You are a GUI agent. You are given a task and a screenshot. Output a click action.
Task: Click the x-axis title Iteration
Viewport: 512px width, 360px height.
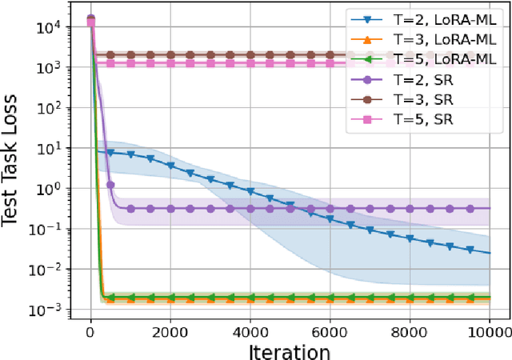[289, 350]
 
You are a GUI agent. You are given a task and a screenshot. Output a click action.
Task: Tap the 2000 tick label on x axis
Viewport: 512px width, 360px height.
[170, 329]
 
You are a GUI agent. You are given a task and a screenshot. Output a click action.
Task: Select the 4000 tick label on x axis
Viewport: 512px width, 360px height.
[250, 329]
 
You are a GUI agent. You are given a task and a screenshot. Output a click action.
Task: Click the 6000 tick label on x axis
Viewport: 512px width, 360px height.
[330, 329]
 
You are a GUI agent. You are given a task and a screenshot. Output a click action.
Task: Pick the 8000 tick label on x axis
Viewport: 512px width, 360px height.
[410, 329]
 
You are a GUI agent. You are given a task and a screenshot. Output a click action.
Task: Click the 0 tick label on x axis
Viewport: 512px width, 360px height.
[90, 329]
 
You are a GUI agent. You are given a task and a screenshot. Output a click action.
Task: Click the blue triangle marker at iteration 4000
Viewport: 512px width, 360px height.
[250, 192]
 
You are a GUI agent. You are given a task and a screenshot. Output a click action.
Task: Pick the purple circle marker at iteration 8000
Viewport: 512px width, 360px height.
[410, 208]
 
